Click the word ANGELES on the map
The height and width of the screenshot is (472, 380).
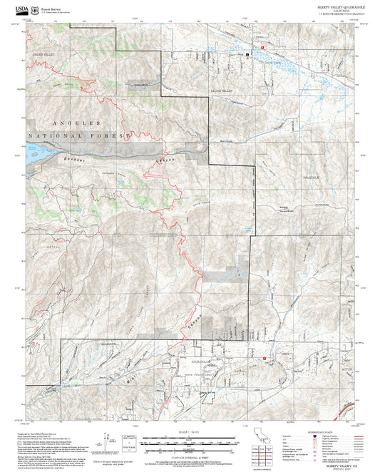pos(73,123)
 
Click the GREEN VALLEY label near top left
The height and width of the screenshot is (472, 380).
pos(42,54)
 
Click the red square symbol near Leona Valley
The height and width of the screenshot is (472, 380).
pos(262,47)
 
